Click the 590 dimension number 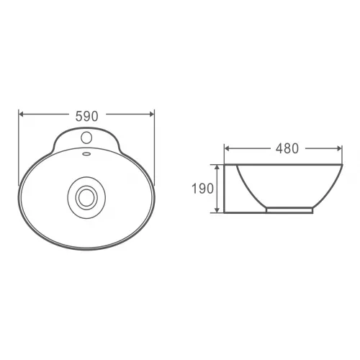87,117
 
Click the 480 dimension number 287,148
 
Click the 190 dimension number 202,189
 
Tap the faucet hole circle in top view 86,138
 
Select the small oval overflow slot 86,153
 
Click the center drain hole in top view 86,198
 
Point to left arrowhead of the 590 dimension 21,114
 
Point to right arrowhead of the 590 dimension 152,114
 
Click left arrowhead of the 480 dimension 227,149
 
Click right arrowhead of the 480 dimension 340,149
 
